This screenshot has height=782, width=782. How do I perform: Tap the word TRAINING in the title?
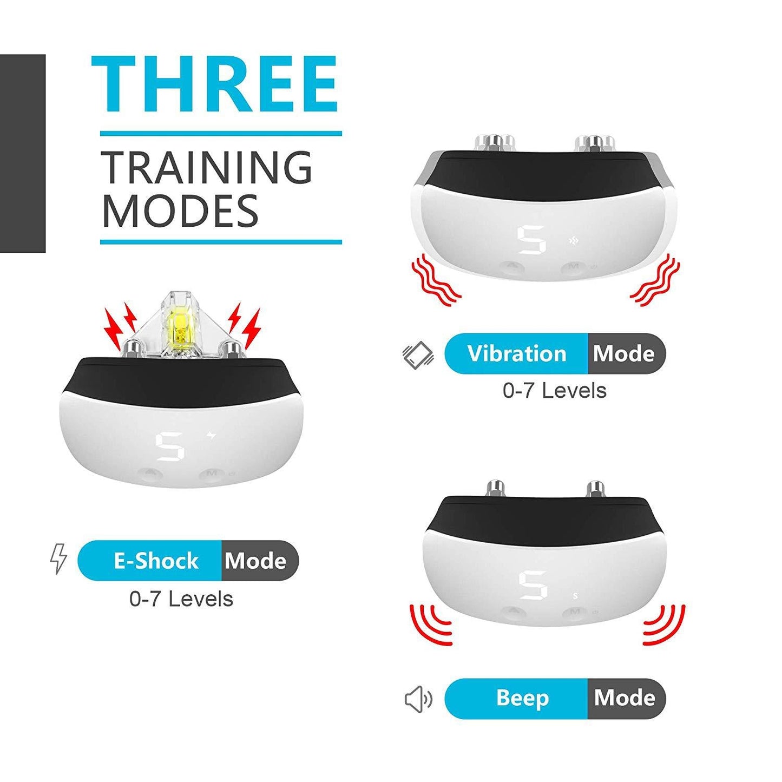(207, 168)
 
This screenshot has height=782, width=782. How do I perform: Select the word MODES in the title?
(180, 211)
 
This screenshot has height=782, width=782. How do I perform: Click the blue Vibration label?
(516, 353)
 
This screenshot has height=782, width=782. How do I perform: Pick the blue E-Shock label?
(155, 561)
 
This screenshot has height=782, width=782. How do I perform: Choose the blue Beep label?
(522, 698)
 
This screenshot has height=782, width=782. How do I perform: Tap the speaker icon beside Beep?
(418, 699)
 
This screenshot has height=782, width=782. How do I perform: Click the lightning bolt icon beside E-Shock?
(58, 558)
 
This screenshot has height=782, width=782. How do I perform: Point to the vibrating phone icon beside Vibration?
(418, 356)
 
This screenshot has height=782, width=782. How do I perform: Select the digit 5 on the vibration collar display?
(531, 241)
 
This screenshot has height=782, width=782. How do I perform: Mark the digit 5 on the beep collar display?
(533, 585)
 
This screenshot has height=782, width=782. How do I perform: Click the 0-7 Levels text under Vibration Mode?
(554, 391)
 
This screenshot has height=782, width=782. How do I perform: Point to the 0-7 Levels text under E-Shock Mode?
(181, 599)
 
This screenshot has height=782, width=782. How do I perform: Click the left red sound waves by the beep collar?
(431, 624)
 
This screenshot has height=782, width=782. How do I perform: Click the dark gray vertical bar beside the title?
(23, 153)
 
